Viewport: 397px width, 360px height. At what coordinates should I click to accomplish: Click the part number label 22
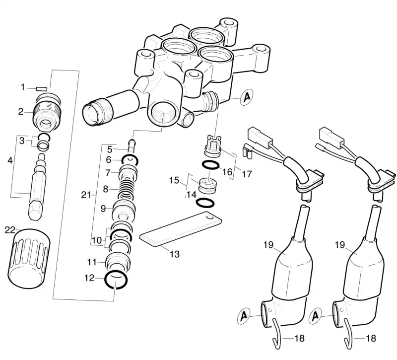(x=10, y=230)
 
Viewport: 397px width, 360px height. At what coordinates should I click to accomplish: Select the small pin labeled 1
(x=42, y=89)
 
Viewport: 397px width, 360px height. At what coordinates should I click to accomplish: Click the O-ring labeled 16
(x=210, y=165)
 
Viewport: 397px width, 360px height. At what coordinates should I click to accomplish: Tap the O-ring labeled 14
(x=205, y=203)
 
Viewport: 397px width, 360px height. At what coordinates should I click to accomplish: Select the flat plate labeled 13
(x=181, y=229)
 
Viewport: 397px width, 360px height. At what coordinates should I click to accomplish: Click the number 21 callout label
(x=86, y=195)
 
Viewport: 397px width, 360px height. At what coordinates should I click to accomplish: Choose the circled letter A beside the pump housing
(x=247, y=97)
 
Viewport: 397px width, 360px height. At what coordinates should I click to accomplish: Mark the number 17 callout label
(x=247, y=174)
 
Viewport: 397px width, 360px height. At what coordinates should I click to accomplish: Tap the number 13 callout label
(x=175, y=254)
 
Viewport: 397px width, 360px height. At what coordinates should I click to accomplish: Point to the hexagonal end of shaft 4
(x=35, y=210)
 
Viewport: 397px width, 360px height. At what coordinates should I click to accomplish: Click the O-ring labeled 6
(x=130, y=160)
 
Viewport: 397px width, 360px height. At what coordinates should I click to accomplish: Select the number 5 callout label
(x=110, y=149)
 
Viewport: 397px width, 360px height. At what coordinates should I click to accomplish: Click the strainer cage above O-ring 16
(x=213, y=146)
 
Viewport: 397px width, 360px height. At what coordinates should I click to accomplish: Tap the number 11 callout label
(x=92, y=262)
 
